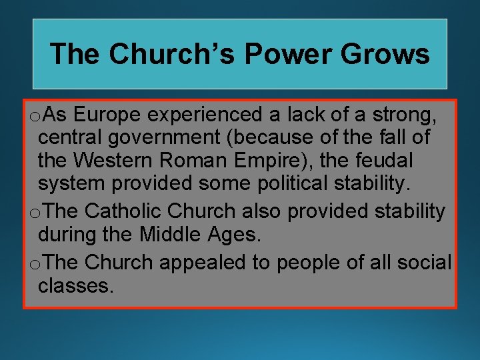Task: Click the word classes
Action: tap(75, 285)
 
